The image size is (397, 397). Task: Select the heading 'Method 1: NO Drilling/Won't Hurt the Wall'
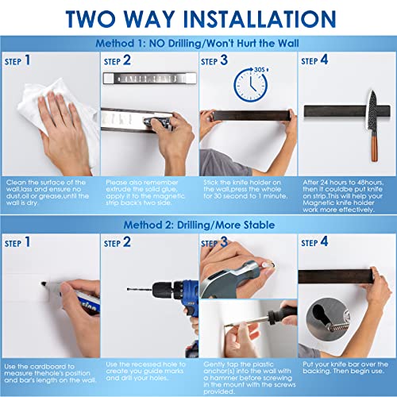tap(198, 44)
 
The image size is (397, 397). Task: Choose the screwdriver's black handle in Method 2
tap(276, 295)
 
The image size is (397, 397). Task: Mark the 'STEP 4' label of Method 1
tap(314, 60)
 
